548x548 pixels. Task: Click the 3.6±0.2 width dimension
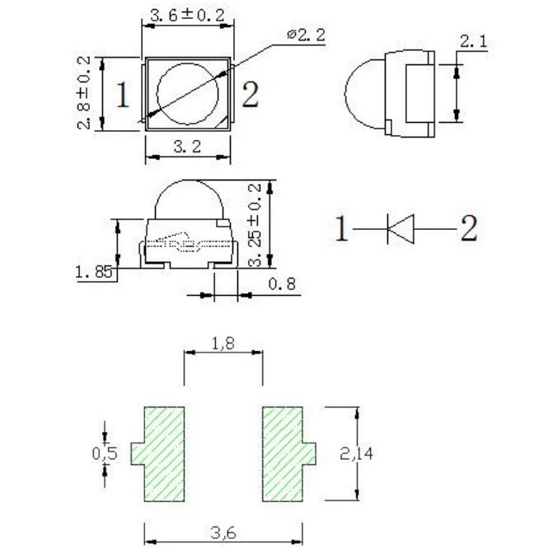[x=187, y=16]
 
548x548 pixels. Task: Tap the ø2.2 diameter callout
[x=307, y=35]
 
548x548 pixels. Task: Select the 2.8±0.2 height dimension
[x=84, y=93]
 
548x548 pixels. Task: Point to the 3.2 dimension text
[x=188, y=147]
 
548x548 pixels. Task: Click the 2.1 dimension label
[x=473, y=41]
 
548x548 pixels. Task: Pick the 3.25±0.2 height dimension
[x=255, y=226]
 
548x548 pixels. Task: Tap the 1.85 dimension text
[x=94, y=272]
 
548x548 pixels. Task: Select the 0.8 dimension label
[x=282, y=283]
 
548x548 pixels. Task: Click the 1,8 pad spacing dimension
[x=223, y=344]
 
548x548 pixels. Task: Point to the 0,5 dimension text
[x=105, y=453]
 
